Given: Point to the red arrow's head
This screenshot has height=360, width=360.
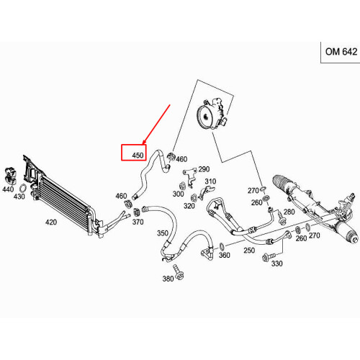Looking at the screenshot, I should point(144,145).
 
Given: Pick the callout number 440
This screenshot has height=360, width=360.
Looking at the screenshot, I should point(8,189).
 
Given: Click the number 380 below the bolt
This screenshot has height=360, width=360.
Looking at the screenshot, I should point(168,279).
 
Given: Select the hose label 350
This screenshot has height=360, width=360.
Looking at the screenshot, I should point(163,233).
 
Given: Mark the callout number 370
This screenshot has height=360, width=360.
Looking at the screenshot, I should point(138,222).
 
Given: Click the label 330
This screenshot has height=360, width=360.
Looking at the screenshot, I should point(276,264).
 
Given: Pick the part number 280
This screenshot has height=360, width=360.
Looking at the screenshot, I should point(289,212).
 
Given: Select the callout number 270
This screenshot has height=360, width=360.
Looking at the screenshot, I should point(253,191).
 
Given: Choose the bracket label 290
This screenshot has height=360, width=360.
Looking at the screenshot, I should point(203,168).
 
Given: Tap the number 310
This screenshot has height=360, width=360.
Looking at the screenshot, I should point(210,181).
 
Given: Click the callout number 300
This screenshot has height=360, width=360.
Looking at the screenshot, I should point(178,194).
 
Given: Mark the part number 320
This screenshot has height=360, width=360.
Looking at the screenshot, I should point(189,205).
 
